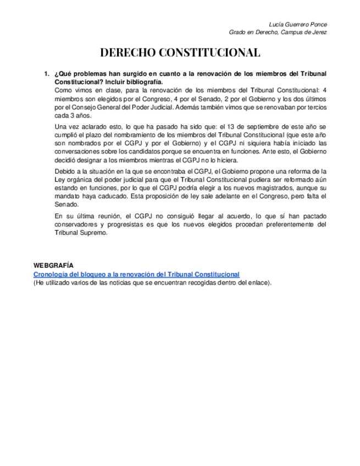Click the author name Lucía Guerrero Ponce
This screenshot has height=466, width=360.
[298, 25]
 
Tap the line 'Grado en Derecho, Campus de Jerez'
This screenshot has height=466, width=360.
[278, 32]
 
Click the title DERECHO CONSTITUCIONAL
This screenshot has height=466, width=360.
[180, 53]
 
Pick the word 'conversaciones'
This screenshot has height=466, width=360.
[77, 153]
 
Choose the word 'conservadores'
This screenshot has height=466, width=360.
[77, 225]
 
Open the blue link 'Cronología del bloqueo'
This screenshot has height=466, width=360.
[136, 274]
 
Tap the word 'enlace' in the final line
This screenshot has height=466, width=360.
[257, 282]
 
